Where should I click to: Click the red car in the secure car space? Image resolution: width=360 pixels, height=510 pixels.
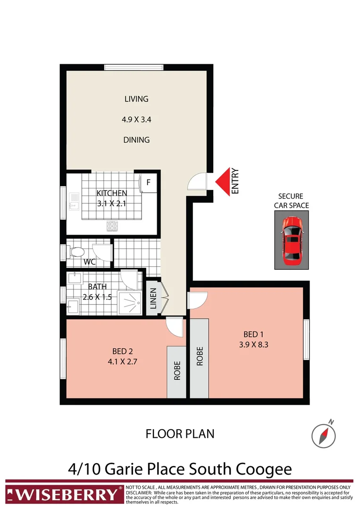point(292,240)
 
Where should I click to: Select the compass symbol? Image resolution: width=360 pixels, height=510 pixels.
point(323,434)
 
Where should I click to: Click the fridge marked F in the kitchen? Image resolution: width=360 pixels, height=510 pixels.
point(148,182)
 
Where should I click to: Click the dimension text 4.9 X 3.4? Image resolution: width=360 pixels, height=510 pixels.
point(136,120)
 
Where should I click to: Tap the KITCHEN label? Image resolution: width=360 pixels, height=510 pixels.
point(112,193)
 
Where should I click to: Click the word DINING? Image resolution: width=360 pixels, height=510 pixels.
point(136,140)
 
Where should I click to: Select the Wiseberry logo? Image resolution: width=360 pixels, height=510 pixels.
point(63,494)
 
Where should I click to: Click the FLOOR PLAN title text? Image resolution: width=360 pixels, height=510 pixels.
point(180,433)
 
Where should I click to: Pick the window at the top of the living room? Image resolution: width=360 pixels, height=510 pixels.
point(134,67)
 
